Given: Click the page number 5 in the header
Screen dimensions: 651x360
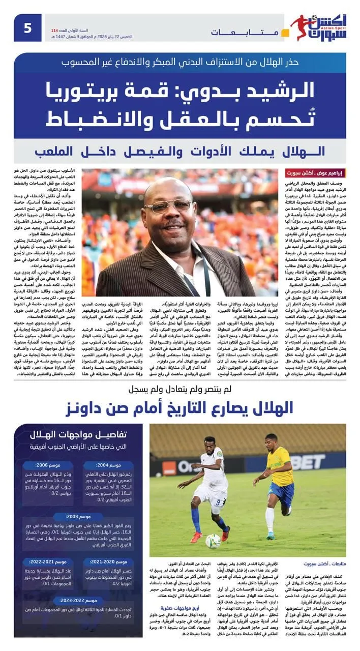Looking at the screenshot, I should pos(27,27).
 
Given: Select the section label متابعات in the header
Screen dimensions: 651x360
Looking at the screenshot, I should pos(244,32).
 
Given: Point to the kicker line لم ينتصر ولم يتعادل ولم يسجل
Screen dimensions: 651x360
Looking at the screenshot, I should pos(180,389).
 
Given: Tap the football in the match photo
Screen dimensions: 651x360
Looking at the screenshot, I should pos(213,541).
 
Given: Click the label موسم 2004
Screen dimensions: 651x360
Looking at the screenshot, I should pos(109,465).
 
